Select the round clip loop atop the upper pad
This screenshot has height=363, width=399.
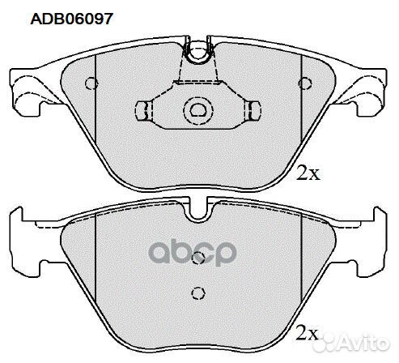click(197, 55)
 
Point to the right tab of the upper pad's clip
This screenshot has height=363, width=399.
click(252, 109)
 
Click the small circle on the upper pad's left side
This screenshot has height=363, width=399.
click(91, 83)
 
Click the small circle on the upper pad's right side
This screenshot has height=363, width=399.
click(304, 83)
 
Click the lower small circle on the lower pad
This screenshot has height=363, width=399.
click(193, 293)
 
